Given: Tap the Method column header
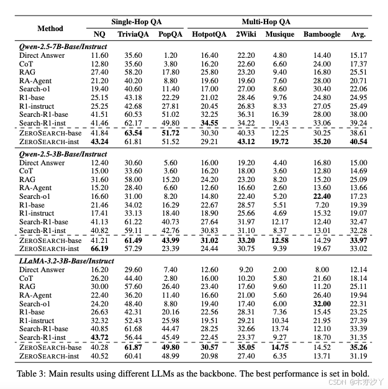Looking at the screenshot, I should click(x=50, y=28).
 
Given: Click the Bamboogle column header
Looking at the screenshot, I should click(x=322, y=34).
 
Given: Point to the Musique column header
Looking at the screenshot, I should click(x=280, y=34).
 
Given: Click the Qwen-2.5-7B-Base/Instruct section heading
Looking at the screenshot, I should click(x=61, y=47).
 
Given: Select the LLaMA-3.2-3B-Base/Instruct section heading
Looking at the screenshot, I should click(x=66, y=260).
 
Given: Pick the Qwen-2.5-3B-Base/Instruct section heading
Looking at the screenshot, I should click(x=61, y=153).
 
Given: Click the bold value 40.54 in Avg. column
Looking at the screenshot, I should click(x=358, y=142).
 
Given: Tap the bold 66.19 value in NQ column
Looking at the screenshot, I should click(x=100, y=249).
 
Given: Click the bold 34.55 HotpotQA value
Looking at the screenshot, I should click(x=210, y=124).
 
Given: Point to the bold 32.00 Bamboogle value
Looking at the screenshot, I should click(x=322, y=304).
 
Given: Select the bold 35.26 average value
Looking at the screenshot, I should click(x=358, y=347).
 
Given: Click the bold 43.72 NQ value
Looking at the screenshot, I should click(x=100, y=337).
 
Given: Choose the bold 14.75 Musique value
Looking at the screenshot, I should click(x=280, y=347).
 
